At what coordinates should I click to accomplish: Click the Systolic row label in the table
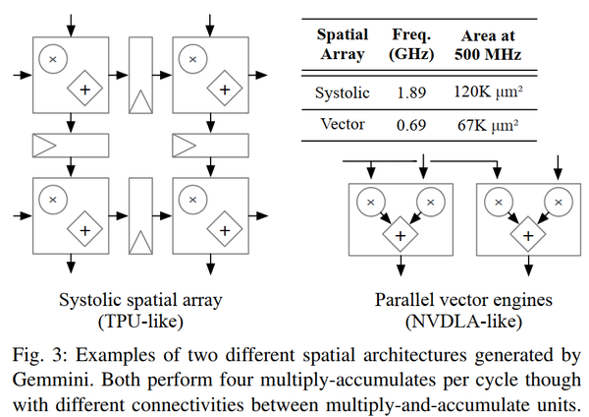point(343,93)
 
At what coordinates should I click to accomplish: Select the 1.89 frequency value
point(411,93)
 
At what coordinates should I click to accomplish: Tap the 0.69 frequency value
point(411,125)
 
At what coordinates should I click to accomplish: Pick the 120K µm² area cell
point(488,92)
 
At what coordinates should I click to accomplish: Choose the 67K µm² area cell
point(488,125)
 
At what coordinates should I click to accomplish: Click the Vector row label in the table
point(343,124)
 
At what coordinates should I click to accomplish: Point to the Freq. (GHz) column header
point(411,44)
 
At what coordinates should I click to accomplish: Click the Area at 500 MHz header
point(488,45)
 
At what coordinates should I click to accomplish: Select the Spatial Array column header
point(343,44)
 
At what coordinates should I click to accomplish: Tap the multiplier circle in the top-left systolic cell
point(53,59)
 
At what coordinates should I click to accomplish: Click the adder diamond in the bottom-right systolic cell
point(225,229)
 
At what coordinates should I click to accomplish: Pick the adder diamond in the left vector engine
point(401,234)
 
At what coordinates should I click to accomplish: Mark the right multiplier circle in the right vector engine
point(559,202)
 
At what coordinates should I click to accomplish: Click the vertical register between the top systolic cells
point(140,76)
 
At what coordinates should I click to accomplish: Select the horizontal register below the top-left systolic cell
point(71,146)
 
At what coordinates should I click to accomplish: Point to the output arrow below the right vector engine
point(528,266)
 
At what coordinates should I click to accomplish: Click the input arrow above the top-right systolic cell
point(210,26)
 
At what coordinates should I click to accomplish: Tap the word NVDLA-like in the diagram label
point(463,322)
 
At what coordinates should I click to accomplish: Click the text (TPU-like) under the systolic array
point(140,322)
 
